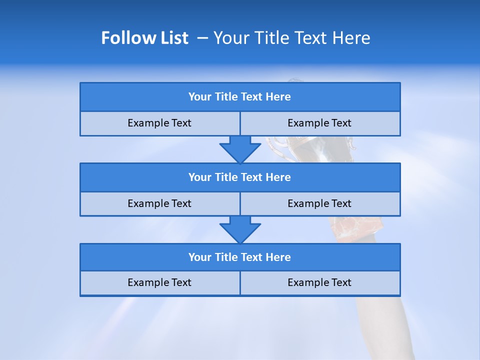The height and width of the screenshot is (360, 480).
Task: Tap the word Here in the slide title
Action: tap(351, 38)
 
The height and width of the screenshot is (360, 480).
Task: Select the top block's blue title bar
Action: tap(240, 97)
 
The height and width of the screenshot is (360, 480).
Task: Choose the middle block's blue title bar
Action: tap(240, 177)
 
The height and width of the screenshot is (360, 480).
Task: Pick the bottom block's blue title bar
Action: tap(240, 257)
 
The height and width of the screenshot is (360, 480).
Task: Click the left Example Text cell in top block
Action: tap(159, 123)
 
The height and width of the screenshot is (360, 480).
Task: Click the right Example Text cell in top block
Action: tap(319, 123)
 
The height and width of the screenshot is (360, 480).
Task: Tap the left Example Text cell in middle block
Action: tap(159, 203)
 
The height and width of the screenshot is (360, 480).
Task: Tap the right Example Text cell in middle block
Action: tap(319, 203)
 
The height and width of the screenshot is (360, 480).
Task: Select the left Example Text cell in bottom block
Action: tap(159, 282)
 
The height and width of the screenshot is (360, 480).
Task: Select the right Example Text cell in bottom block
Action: tap(319, 282)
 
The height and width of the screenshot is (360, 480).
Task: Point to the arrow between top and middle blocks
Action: tap(240, 149)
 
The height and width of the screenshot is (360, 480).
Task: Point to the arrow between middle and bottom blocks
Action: tap(240, 229)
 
